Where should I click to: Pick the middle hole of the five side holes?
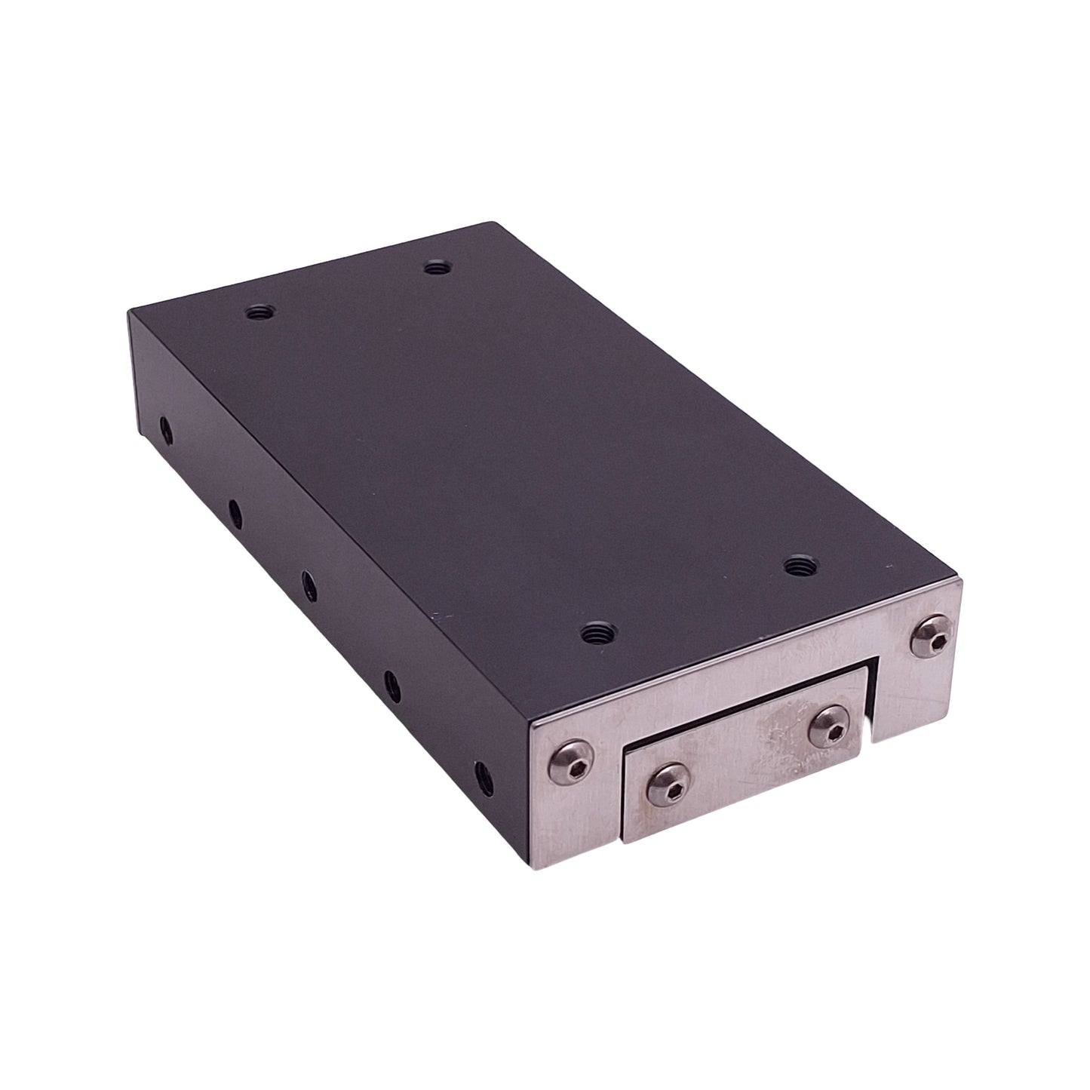(x=309, y=583)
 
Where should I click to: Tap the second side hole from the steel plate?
(x=392, y=685)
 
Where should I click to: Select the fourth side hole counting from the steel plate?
(x=235, y=514)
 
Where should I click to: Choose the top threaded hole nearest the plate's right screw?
(x=797, y=564)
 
